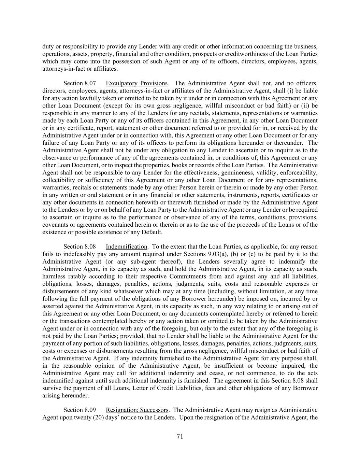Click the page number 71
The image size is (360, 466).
(180, 436)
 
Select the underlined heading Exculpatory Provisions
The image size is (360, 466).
(136, 83)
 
